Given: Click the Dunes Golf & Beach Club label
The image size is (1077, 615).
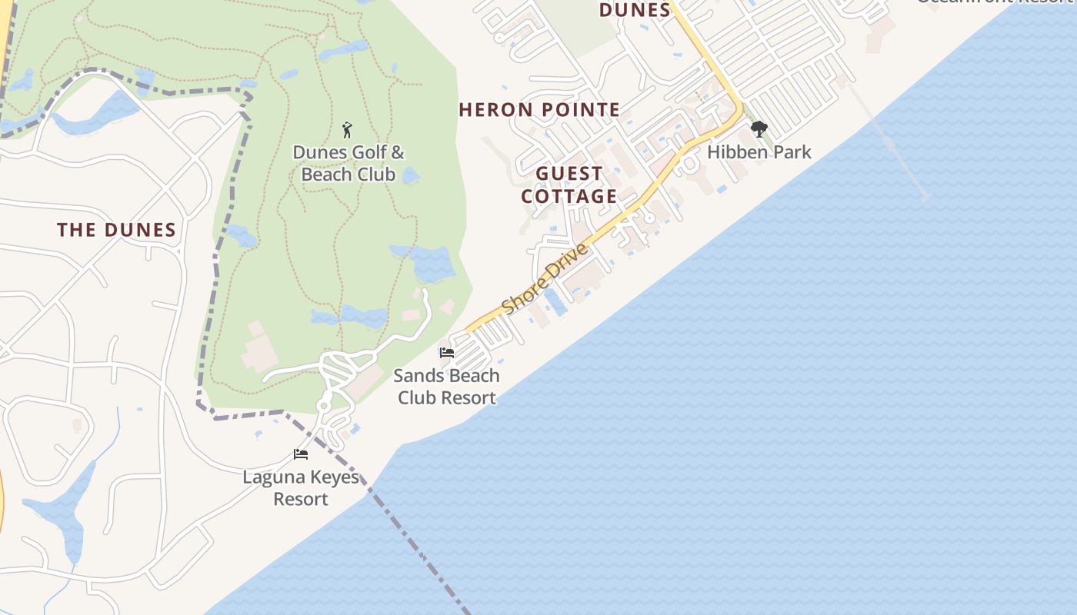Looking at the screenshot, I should [348, 164].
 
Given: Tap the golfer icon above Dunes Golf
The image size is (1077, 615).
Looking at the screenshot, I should [347, 129].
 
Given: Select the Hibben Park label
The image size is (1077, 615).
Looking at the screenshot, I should [759, 152].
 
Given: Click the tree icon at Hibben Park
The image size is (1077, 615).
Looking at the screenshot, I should [759, 128].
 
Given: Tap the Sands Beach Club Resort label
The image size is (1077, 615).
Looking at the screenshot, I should [446, 387].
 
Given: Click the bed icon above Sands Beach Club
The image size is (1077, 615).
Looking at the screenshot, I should [446, 353].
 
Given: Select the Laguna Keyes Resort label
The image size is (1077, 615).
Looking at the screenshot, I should [301, 488].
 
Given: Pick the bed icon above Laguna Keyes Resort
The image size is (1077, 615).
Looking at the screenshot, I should [301, 454].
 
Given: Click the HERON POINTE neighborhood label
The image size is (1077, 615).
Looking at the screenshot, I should [539, 110].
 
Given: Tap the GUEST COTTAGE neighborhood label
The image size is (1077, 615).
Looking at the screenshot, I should [569, 185].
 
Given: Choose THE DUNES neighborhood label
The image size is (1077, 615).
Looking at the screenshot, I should [117, 230].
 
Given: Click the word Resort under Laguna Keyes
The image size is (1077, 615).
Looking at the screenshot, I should [301, 500].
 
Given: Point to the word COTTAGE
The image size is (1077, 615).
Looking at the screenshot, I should [569, 197].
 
